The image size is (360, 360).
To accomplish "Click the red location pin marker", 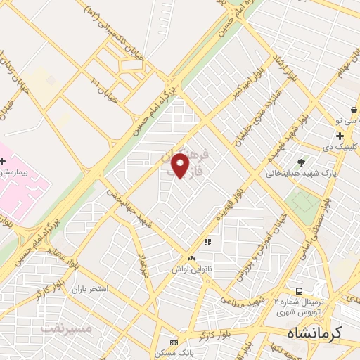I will point(181,165).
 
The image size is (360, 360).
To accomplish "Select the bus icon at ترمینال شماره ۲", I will point(300,291).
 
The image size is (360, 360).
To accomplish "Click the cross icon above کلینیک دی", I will point(340,136).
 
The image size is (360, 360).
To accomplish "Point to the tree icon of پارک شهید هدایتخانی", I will point(302,162).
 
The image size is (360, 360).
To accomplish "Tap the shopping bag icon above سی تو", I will point(354,111).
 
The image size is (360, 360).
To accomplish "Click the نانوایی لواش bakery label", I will point(191,269).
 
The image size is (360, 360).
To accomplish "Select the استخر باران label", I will point(87,289).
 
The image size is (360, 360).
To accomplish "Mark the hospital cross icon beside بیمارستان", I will point(4,161).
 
